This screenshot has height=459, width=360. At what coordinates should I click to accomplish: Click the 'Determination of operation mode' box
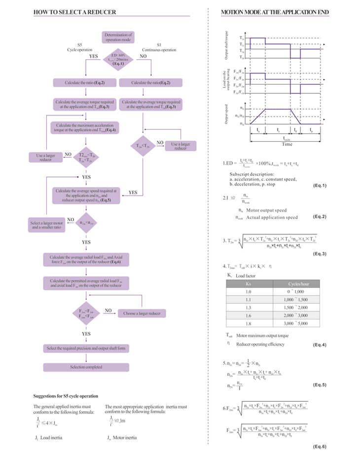118,37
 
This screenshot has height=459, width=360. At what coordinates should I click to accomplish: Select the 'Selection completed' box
86,367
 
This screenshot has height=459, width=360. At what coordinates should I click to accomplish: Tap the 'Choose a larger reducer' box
142,313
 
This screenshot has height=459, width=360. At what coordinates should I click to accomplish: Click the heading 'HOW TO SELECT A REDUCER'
74,12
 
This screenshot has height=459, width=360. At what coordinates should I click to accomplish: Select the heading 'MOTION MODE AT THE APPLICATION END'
275,12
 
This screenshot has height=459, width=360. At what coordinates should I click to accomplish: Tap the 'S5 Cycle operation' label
79,47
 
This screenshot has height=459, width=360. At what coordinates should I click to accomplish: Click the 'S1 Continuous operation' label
159,47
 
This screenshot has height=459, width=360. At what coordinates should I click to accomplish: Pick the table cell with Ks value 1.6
248,315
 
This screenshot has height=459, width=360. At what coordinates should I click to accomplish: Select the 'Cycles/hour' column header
298,284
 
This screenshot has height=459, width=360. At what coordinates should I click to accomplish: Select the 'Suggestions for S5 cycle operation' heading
65,396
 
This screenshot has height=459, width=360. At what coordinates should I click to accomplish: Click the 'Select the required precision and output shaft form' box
86,348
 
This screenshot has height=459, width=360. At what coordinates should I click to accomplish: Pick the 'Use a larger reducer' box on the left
45,157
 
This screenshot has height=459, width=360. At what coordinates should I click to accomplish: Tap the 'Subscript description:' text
252,174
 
